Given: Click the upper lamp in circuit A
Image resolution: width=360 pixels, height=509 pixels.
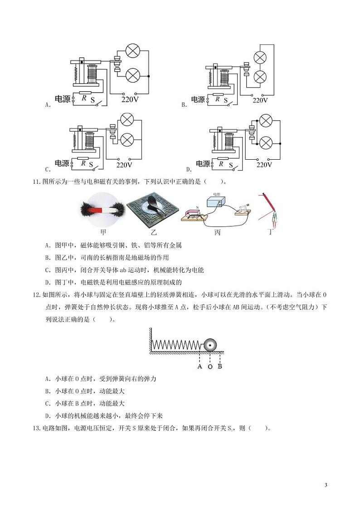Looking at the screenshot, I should point(133,51).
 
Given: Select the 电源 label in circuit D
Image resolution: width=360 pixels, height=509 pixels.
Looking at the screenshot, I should point(203,164).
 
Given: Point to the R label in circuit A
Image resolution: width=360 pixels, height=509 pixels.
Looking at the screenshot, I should point(84,97).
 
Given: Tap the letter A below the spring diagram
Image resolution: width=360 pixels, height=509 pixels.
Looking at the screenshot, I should point(199,366).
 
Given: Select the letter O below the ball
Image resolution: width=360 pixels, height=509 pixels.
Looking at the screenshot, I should point(210,367).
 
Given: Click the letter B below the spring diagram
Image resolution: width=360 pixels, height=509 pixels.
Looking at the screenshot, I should point(219,366).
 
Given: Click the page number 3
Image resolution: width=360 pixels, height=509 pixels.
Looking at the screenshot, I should point(326,485).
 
